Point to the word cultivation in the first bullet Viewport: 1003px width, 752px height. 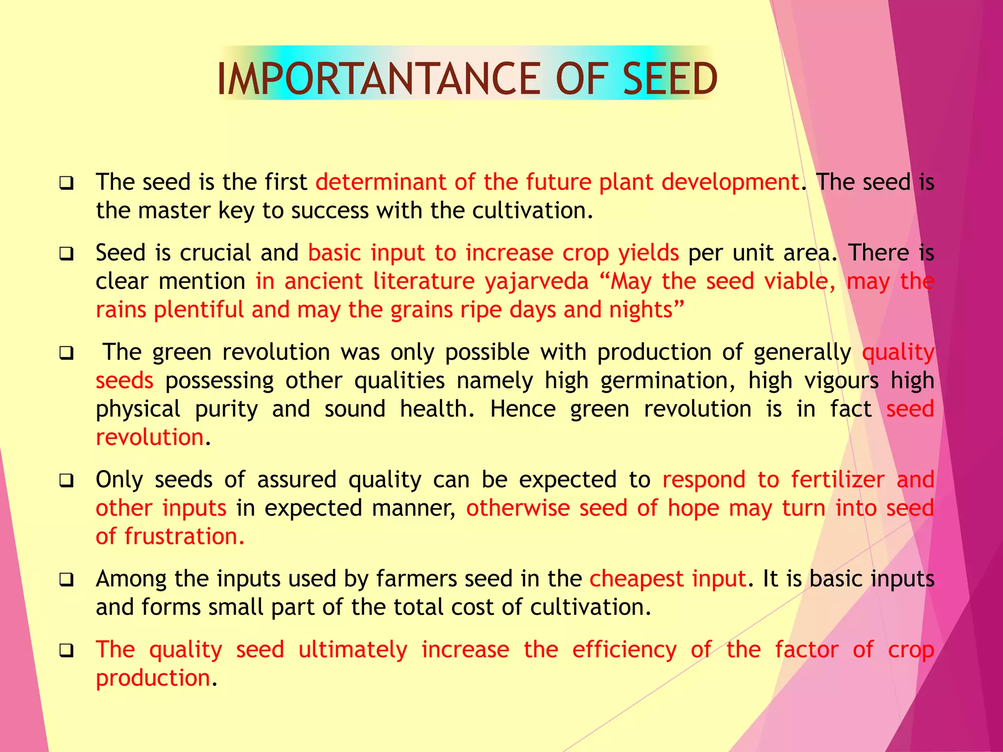(532, 211)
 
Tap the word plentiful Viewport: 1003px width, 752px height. (198, 310)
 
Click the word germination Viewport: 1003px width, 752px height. (667, 381)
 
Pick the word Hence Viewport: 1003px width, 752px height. (523, 409)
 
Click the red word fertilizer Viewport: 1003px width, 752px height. (837, 480)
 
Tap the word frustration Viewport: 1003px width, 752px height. (184, 537)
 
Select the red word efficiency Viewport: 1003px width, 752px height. (624, 650)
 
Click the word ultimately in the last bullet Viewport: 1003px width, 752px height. (353, 650)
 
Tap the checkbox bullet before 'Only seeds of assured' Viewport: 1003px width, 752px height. (67, 481)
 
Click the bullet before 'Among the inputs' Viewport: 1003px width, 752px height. (67, 580)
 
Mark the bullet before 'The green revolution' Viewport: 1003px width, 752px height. (67, 353)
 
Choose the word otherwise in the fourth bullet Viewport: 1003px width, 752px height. (518, 508)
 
